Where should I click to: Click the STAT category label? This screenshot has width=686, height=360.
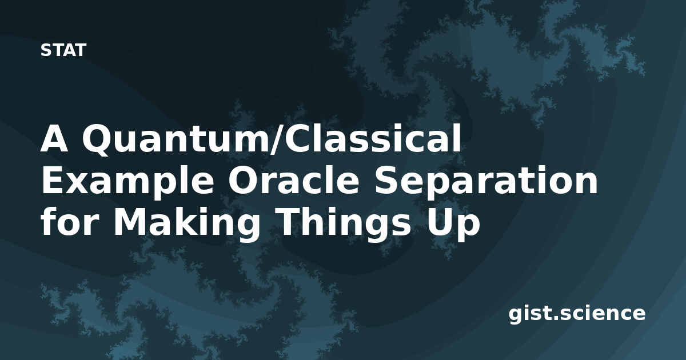point(63,50)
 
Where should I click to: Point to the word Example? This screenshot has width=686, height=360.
point(127,181)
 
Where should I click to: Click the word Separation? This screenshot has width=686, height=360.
point(486,181)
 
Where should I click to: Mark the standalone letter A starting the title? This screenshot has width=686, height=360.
point(54,138)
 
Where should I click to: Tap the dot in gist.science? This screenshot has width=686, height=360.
point(555,318)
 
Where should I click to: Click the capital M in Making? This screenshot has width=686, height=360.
point(130,222)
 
